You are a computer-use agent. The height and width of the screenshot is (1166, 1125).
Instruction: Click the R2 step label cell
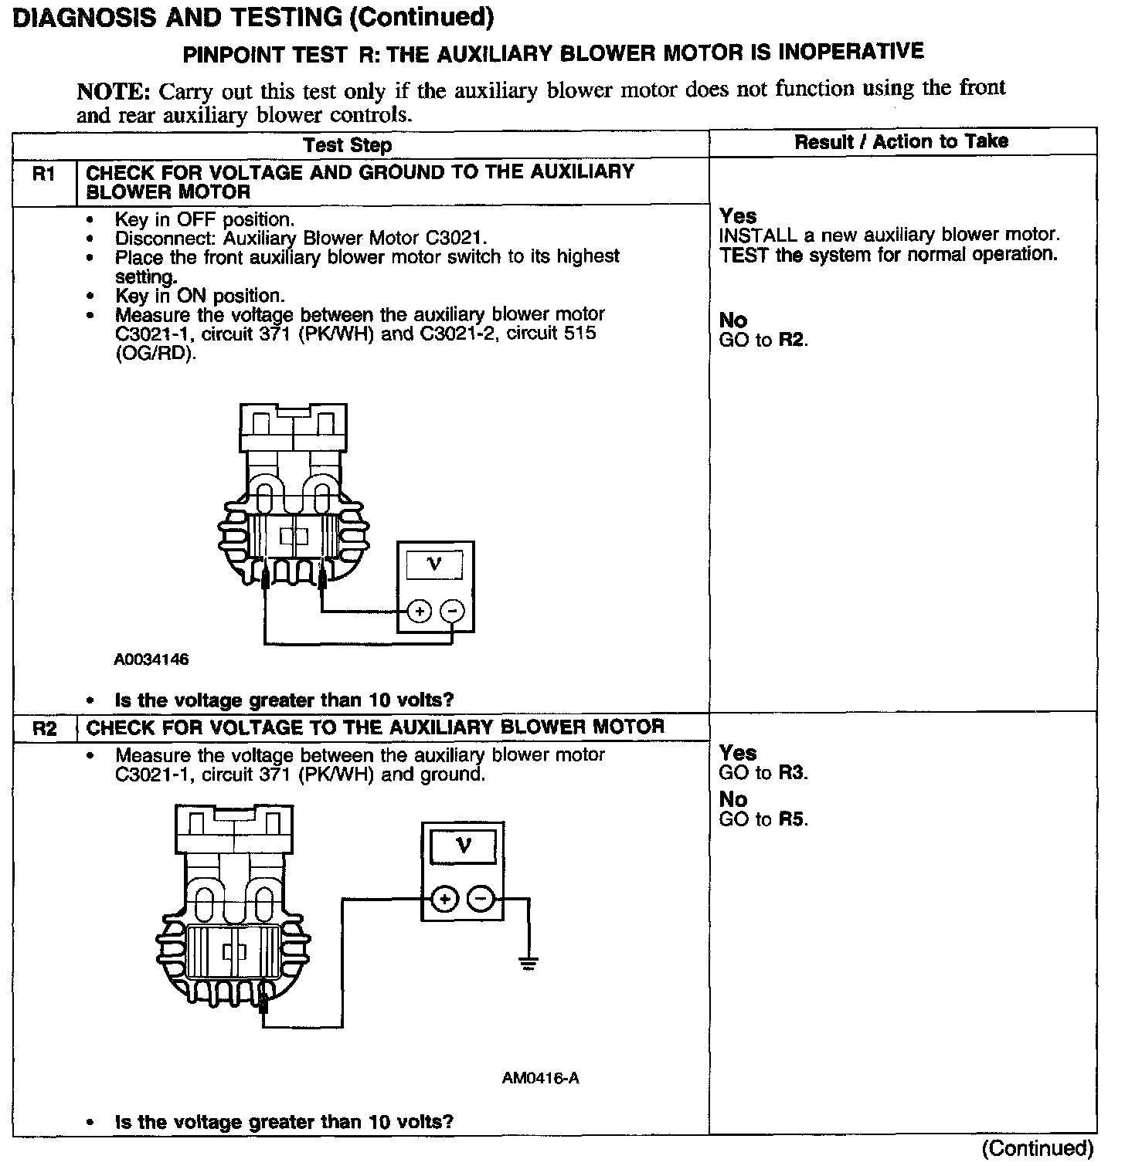44,728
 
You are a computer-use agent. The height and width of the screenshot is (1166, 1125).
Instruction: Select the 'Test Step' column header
348,145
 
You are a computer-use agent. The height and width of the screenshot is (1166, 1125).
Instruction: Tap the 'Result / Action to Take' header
901,141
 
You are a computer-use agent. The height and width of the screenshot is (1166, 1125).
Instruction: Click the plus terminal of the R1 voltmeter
419,612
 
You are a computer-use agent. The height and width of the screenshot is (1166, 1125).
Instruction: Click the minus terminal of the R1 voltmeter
452,612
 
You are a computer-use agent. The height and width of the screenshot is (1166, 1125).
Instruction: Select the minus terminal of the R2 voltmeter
481,899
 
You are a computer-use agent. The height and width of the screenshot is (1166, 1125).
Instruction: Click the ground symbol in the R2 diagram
529,963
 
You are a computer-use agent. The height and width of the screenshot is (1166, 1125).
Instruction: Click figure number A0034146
151,660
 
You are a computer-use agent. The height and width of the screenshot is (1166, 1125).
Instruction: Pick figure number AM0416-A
540,1078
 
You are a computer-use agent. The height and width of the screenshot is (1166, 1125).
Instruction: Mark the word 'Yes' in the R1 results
738,216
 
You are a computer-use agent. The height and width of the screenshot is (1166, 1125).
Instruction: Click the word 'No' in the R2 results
732,799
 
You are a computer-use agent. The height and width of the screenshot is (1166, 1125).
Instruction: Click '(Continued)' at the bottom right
1038,1148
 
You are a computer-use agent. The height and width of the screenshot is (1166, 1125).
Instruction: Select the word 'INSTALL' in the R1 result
757,236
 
